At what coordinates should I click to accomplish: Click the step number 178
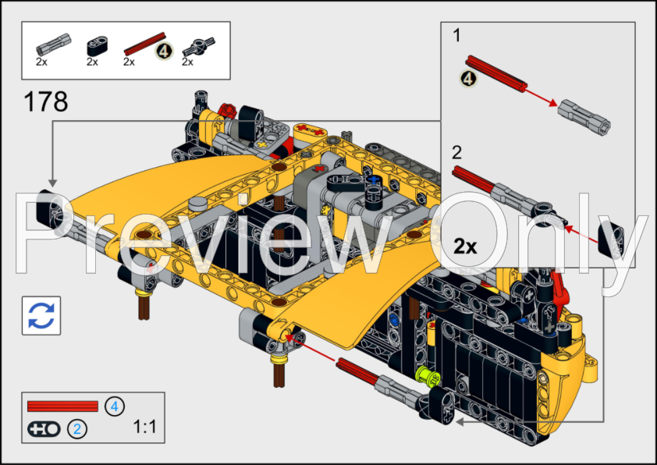pyautogui.click(x=46, y=102)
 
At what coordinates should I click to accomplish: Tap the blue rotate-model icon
pyautogui.click(x=41, y=315)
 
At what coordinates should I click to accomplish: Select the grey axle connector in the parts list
pyautogui.click(x=47, y=43)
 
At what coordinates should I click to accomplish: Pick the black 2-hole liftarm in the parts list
pyautogui.click(x=96, y=45)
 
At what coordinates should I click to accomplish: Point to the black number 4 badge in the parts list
pyautogui.click(x=164, y=51)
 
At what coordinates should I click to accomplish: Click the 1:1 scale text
pyautogui.click(x=145, y=427)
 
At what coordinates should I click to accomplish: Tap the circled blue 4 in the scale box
pyautogui.click(x=115, y=406)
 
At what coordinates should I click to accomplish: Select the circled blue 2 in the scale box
pyautogui.click(x=77, y=428)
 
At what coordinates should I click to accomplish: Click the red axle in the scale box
pyautogui.click(x=62, y=406)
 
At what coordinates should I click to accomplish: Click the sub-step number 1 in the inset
pyautogui.click(x=457, y=35)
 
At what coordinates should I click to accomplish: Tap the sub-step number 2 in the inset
pyautogui.click(x=457, y=152)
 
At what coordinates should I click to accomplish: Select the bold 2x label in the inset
pyautogui.click(x=465, y=246)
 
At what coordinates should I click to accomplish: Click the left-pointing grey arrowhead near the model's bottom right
pyautogui.click(x=460, y=421)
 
